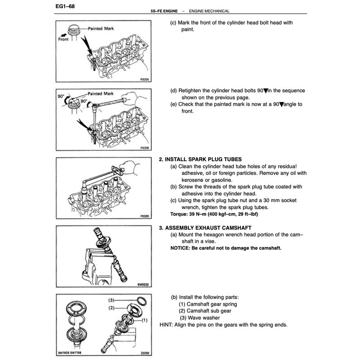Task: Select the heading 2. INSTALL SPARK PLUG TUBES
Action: pyautogui.click(x=200, y=159)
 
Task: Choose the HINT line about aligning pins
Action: pyautogui.click(x=224, y=325)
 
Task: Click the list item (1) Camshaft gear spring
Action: pyautogui.click(x=208, y=304)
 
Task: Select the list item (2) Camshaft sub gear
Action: pyautogui.click(x=205, y=311)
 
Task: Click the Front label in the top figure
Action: pyautogui.click(x=64, y=39)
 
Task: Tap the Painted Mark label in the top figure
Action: pyautogui.click(x=101, y=28)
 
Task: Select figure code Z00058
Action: pyautogui.click(x=144, y=352)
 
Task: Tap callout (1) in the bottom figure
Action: pyautogui.click(x=145, y=320)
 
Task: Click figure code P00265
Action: pyautogui.click(x=145, y=216)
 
